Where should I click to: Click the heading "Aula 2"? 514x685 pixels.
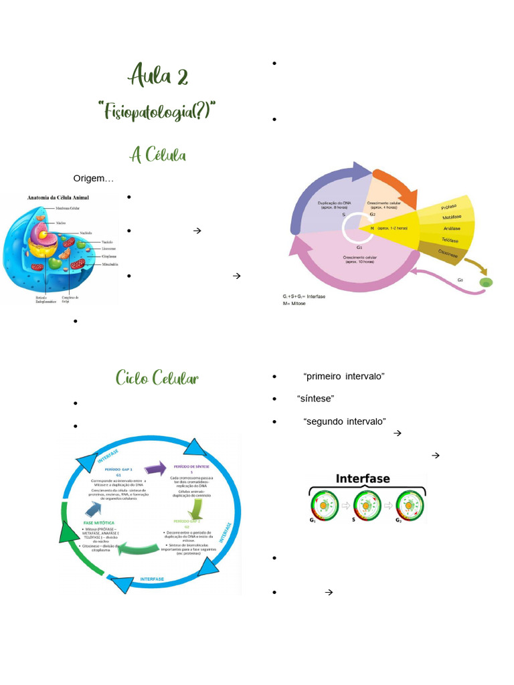159,76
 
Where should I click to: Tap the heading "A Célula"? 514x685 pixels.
158,155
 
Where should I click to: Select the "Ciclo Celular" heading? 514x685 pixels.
157,378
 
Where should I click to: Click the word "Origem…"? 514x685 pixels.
94,179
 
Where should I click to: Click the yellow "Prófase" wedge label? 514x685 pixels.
450,207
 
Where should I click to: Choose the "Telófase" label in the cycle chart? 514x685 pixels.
450,239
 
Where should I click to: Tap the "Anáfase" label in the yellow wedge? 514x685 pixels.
451,228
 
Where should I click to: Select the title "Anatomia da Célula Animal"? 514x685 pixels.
58,198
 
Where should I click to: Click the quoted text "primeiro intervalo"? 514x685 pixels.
344,377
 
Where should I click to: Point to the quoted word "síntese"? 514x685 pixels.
316,399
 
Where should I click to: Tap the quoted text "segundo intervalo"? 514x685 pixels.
345,421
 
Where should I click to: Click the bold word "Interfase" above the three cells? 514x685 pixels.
363,479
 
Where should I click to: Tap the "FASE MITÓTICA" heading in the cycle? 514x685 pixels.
98,522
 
